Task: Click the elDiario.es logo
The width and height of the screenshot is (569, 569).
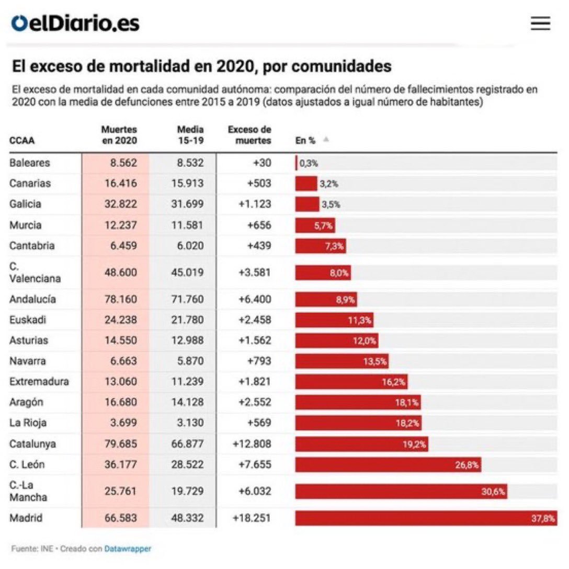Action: (76, 24)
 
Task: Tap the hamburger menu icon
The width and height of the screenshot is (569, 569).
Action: (540, 24)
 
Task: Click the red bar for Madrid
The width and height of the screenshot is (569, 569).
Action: (426, 518)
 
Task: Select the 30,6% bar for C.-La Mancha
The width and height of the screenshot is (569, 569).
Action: (401, 492)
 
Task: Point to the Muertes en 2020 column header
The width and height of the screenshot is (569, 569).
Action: (119, 135)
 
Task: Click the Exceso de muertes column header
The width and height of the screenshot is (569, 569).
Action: (249, 135)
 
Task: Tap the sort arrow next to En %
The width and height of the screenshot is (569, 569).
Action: (326, 140)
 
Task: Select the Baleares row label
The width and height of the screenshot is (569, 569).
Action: (30, 163)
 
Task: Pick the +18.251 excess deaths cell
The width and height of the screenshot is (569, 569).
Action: (252, 518)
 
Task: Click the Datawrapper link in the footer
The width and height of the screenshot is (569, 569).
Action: (128, 549)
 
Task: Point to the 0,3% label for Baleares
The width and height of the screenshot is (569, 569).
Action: (309, 163)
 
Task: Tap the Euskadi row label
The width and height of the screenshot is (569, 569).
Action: (28, 320)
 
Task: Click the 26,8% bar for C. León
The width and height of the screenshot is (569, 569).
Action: (388, 464)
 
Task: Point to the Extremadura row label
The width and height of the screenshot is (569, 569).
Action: (39, 381)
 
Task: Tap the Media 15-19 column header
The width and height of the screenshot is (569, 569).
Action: (190, 135)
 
